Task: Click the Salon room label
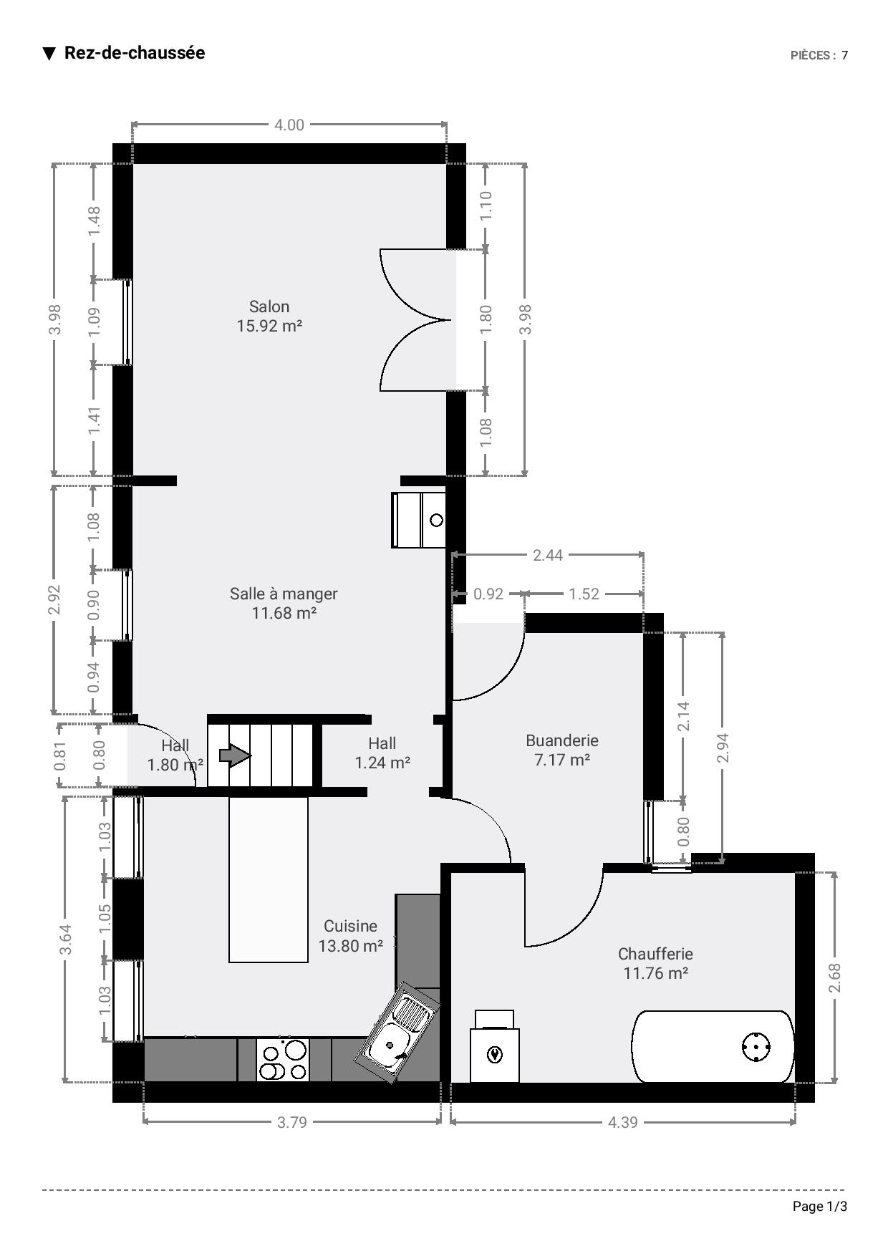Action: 269,317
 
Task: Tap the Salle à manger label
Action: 284,603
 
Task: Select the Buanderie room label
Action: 562,750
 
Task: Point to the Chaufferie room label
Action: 655,963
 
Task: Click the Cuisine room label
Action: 350,936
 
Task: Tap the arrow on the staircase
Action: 236,755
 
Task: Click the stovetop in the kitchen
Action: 283,1060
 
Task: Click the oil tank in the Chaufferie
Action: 713,1047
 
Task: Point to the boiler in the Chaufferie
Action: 495,1047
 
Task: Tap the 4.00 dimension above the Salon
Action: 289,125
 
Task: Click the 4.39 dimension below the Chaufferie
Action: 623,1122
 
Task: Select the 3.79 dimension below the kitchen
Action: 292,1122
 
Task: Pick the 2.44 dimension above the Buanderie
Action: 548,555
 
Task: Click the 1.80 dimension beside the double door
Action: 486,319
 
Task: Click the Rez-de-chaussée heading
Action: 135,53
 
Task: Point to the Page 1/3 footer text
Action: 820,1207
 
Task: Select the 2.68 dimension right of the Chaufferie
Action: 835,977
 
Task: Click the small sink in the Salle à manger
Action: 419,520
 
